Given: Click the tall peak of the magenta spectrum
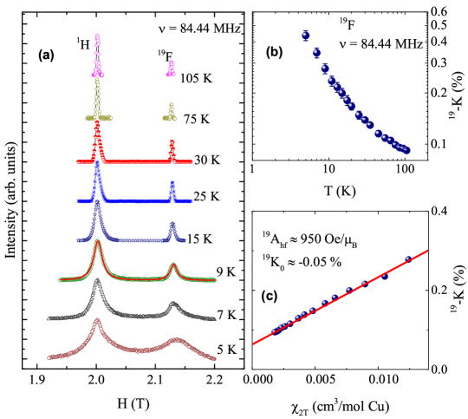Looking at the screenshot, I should [x=97, y=36].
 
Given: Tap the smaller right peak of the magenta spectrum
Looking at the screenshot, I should [x=171, y=63].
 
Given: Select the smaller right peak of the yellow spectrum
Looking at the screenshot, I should [x=171, y=106].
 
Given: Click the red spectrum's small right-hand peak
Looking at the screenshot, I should [x=172, y=141].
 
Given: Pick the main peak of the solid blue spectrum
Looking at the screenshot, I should [x=97, y=162].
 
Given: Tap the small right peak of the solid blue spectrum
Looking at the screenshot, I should [x=172, y=183].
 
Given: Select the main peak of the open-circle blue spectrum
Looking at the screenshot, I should [x=97, y=204].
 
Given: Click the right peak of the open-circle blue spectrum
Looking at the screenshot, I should [x=172, y=225].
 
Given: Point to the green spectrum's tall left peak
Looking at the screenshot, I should [x=97, y=242].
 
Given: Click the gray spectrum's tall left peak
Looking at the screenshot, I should [x=97, y=281].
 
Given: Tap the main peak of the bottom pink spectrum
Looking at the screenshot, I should [x=97, y=320].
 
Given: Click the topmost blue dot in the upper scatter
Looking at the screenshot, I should [x=305, y=36].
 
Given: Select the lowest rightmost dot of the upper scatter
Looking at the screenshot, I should [x=406, y=150].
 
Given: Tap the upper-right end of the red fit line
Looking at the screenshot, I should [x=427, y=251].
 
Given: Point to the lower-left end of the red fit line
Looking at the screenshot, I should [x=253, y=344].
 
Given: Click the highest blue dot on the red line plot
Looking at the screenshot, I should [x=406, y=259].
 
